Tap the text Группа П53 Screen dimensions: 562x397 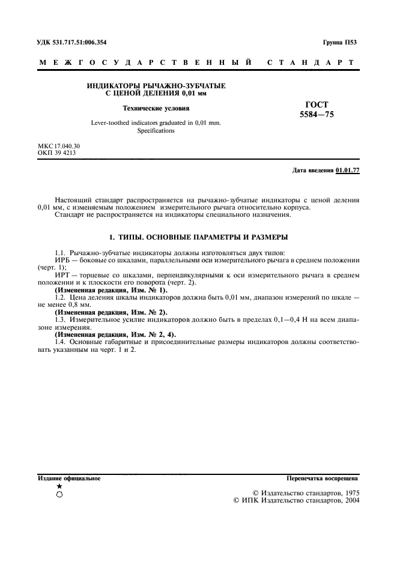tap(339, 43)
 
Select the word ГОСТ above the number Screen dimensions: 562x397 tap(317, 104)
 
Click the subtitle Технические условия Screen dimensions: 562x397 tap(156, 109)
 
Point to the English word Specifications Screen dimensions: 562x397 tap(156, 130)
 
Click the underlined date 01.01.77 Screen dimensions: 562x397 tap(348, 171)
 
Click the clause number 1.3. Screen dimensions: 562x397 tap(59, 321)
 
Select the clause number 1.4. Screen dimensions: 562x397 tap(59, 342)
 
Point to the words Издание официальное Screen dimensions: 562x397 tap(69, 479)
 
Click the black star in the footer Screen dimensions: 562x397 tap(59, 486)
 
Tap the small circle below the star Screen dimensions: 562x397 tap(59, 494)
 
